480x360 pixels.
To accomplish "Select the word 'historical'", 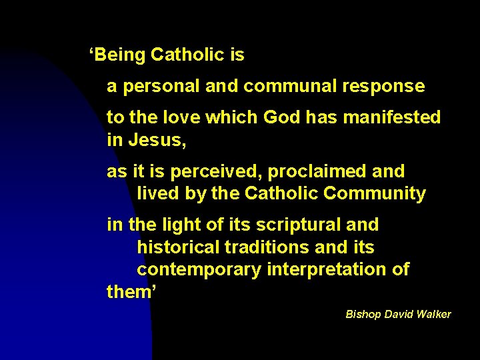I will coord(178,247).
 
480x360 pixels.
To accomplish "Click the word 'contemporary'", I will coord(199,270).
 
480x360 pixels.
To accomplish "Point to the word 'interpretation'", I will coord(325,270).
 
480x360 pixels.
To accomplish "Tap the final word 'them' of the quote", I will coord(129,292).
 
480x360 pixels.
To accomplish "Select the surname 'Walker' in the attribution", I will coord(433,314).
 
